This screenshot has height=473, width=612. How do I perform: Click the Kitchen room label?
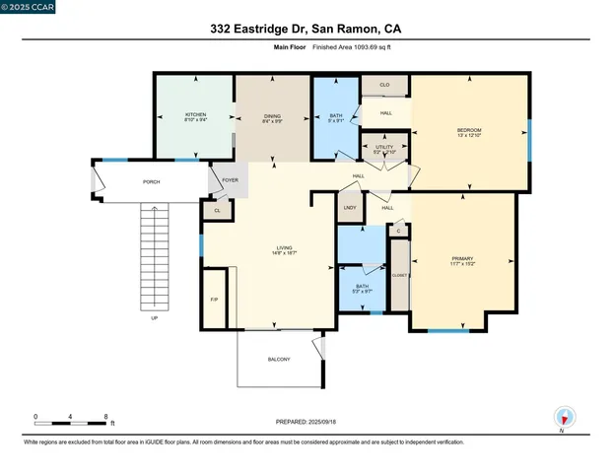tap(195, 117)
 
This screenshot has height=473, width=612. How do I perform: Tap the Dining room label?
tap(271, 117)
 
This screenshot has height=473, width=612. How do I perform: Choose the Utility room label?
tap(383, 149)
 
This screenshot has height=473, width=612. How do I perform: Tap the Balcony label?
tap(279, 360)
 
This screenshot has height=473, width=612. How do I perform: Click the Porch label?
tap(152, 182)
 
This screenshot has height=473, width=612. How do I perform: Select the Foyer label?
tap(230, 181)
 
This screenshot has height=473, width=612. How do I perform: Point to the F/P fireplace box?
tap(214, 300)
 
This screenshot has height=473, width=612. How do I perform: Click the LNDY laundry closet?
tap(350, 208)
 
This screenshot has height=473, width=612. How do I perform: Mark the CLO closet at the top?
tap(384, 86)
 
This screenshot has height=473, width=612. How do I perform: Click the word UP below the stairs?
tap(154, 319)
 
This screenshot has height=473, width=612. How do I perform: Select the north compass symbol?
tap(564, 417)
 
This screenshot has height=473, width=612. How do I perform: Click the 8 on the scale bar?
tap(105, 417)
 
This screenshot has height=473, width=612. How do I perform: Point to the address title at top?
tap(306, 30)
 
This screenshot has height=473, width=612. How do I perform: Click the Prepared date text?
tap(306, 422)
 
